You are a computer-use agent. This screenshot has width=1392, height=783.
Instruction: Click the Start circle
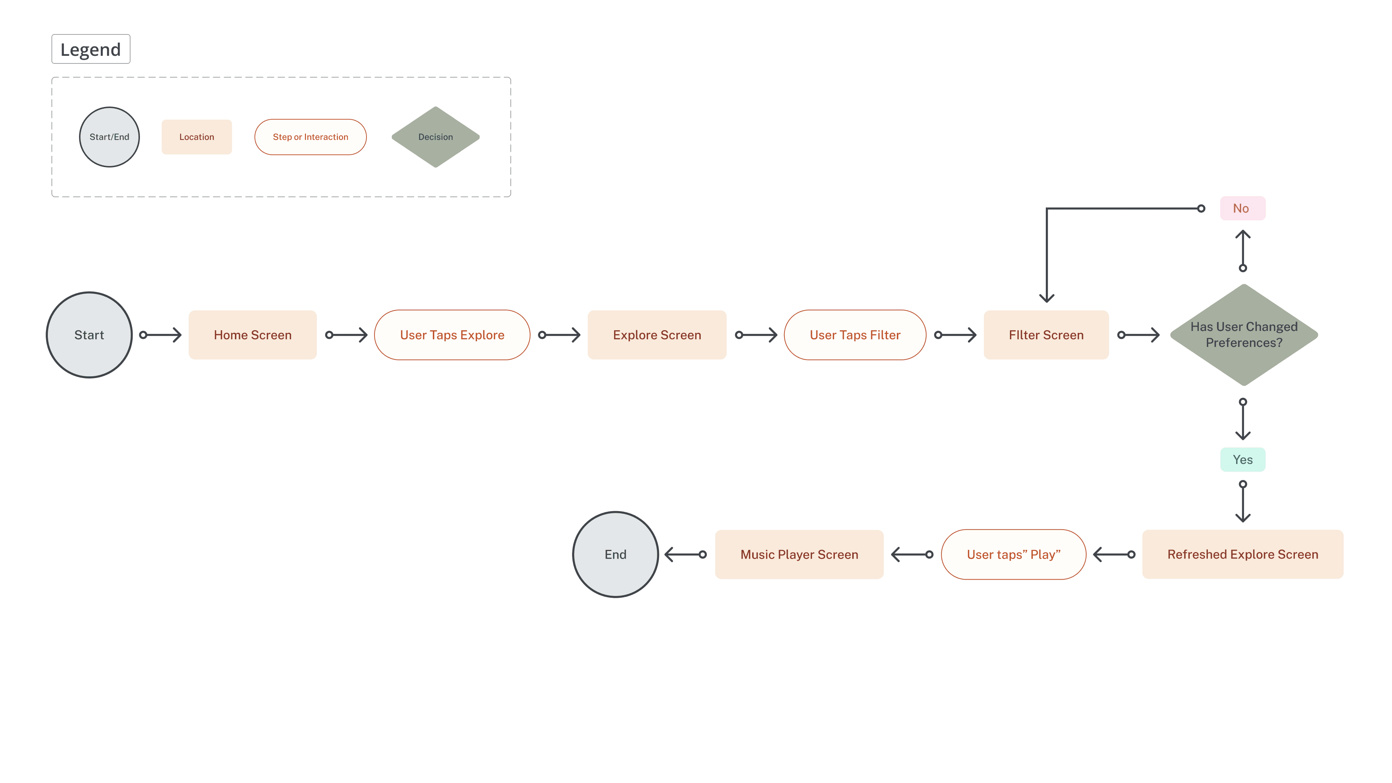tap(89, 335)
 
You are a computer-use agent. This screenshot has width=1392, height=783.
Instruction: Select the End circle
tap(616, 554)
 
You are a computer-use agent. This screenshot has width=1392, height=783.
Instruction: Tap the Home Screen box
tap(252, 335)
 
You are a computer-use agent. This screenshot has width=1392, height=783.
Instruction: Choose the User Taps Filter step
tap(855, 335)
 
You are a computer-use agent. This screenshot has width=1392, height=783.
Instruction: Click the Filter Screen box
tap(1046, 335)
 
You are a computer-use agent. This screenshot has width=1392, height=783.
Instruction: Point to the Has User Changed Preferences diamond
tap(1244, 335)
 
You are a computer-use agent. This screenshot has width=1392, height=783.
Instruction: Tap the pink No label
tap(1242, 208)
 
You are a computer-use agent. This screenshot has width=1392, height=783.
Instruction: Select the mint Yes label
tap(1242, 460)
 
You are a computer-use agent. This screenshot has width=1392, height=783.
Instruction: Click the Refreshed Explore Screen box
tap(1242, 554)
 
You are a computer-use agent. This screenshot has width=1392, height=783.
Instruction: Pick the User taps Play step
tap(1013, 554)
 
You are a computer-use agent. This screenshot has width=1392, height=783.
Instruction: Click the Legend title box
tap(91, 49)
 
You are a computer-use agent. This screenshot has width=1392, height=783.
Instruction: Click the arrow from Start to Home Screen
tap(161, 335)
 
